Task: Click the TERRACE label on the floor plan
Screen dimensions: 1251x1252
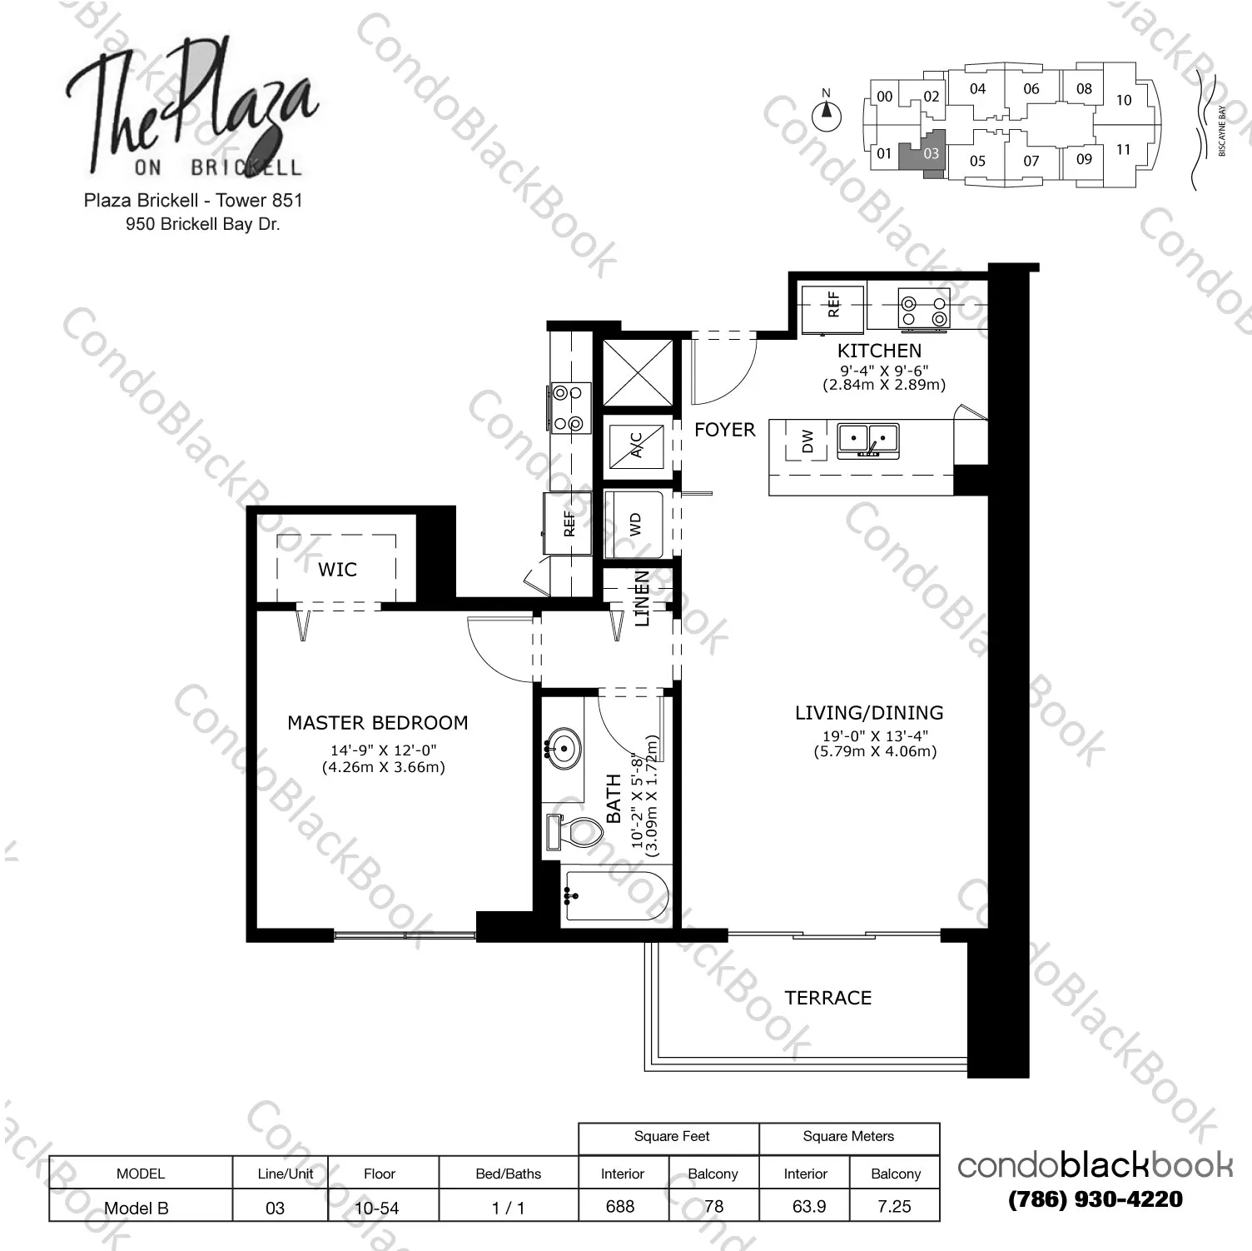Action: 827,997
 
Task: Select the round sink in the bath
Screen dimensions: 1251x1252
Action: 564,747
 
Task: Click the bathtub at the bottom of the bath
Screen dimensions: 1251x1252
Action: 616,896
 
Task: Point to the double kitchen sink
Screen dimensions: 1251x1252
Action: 868,439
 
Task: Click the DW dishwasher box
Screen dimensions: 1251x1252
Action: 806,441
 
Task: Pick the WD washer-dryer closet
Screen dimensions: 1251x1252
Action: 634,525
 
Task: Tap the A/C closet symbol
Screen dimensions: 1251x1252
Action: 636,443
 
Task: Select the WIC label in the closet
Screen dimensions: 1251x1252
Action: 337,569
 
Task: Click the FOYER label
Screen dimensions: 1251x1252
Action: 724,430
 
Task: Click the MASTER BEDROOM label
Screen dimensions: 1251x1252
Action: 377,722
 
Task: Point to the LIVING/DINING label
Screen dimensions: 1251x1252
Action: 868,712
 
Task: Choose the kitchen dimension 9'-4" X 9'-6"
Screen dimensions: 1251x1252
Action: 883,370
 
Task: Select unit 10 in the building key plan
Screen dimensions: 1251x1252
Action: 1124,101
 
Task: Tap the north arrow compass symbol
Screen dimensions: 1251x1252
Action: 826,114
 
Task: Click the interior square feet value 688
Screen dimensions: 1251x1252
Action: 620,1206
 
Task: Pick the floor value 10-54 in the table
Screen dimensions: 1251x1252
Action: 377,1207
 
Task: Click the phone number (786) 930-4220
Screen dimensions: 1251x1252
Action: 1095,1199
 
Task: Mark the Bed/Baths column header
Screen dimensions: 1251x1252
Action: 508,1174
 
